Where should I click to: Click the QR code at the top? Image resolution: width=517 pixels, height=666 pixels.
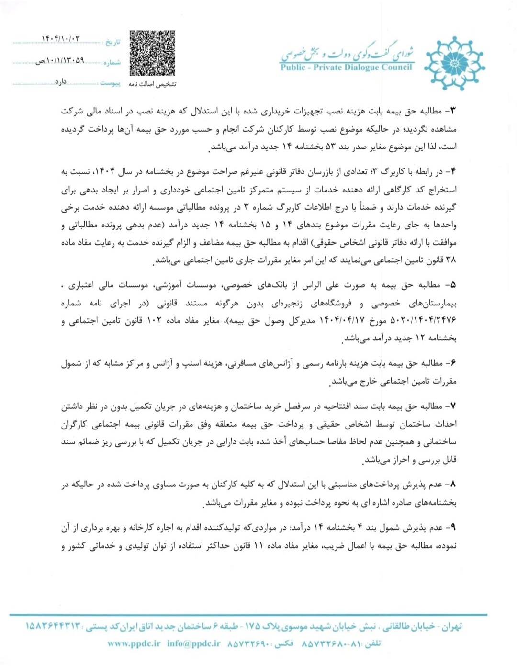pyautogui.click(x=152, y=53)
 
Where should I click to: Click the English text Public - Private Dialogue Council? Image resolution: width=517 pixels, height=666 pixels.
pyautogui.click(x=346, y=68)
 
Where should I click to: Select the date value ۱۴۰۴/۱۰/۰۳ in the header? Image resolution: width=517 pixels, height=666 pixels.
pyautogui.click(x=61, y=39)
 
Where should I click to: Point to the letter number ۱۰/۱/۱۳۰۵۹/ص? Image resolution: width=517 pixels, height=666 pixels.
pyautogui.click(x=60, y=61)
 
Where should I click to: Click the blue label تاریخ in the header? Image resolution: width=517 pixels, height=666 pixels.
pyautogui.click(x=112, y=42)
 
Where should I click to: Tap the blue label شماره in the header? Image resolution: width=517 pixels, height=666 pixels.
pyautogui.click(x=112, y=62)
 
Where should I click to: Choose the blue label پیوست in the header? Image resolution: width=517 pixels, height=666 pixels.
pyautogui.click(x=110, y=83)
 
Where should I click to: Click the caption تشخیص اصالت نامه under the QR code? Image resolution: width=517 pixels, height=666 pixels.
pyautogui.click(x=152, y=84)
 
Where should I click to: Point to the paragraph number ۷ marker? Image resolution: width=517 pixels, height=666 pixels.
pyautogui.click(x=452, y=406)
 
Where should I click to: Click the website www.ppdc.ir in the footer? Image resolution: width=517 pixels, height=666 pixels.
pyautogui.click(x=134, y=643)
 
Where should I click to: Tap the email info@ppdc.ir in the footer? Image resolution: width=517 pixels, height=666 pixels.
pyautogui.click(x=194, y=643)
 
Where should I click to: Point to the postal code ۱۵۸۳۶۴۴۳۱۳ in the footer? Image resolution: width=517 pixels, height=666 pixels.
pyautogui.click(x=53, y=626)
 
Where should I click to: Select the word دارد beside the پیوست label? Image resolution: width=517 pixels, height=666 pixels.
pyautogui.click(x=61, y=82)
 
